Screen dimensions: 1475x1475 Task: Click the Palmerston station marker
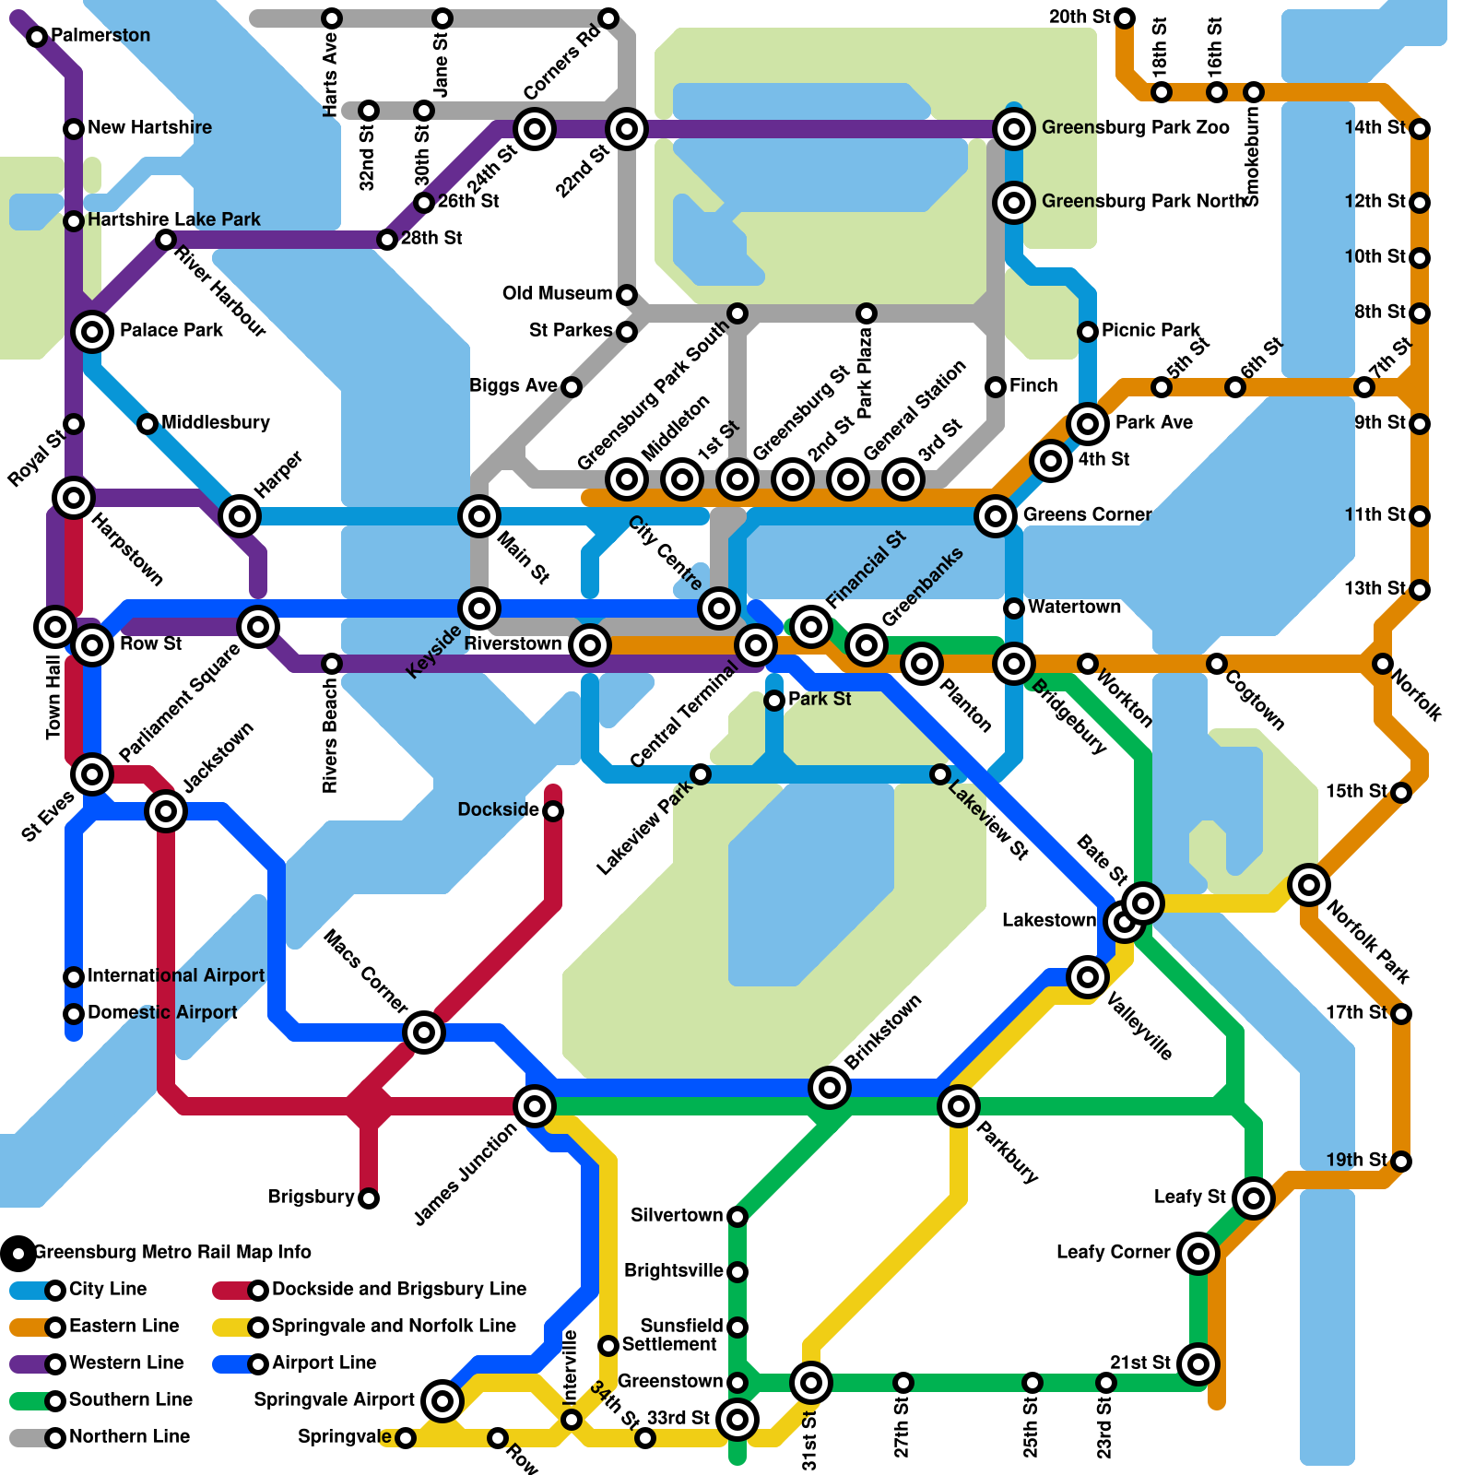[37, 37]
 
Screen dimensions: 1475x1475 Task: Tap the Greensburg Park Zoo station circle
[1013, 129]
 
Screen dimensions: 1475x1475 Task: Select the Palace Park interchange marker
[92, 331]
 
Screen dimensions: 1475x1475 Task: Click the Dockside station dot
[553, 811]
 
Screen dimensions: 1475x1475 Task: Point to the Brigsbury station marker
[369, 1198]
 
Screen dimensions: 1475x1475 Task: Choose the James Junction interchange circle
[535, 1105]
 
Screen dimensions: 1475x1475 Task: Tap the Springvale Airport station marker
[442, 1400]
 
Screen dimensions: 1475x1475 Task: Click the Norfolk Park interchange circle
[1308, 885]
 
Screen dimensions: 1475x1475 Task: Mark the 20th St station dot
[1125, 18]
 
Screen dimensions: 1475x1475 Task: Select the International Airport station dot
[74, 977]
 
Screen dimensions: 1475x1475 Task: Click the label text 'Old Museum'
[557, 294]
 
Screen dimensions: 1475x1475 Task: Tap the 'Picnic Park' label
[1150, 330]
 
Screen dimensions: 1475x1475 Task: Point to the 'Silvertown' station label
[677, 1215]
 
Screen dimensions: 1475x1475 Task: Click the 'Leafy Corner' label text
[1113, 1252]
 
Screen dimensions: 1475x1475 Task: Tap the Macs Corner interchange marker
[424, 1032]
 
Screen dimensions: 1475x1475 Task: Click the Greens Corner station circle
[996, 515]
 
